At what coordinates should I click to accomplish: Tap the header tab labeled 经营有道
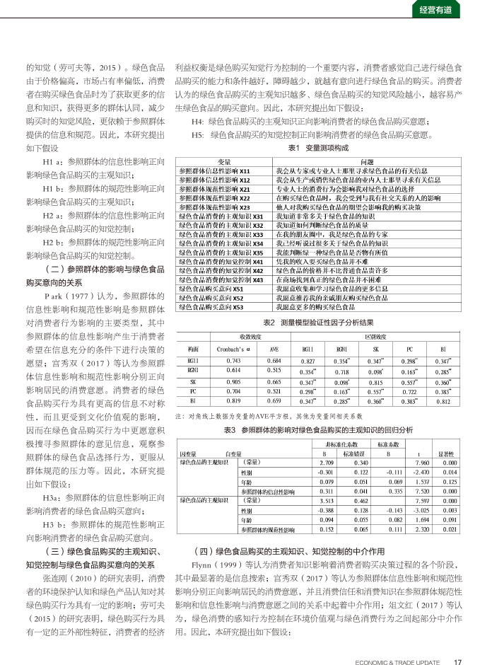tap(436, 10)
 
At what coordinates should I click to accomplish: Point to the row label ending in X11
tap(214, 171)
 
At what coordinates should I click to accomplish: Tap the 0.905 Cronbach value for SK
tap(233, 381)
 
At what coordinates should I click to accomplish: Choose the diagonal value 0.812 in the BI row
tap(443, 401)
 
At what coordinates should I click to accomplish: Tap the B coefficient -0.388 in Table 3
tap(326, 509)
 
